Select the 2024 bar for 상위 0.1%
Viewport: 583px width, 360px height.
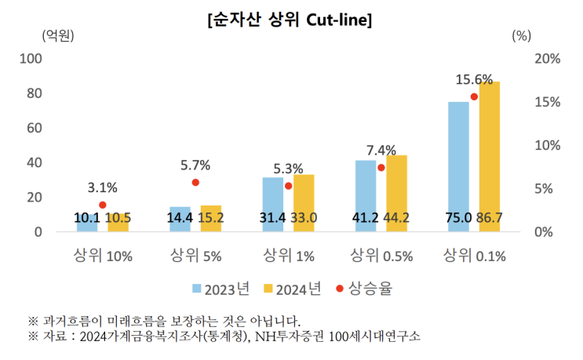click(490, 157)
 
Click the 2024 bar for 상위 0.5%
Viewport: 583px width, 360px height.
click(396, 193)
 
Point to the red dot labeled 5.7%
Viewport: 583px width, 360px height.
click(195, 183)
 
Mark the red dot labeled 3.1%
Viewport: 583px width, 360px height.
click(102, 205)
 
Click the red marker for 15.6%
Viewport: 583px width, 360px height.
click(474, 97)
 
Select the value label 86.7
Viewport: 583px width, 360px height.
click(490, 218)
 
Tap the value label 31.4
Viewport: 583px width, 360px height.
click(273, 218)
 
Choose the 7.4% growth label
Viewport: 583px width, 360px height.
click(381, 150)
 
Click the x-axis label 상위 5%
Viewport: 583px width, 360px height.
click(195, 255)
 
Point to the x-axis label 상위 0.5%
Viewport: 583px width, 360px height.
click(381, 255)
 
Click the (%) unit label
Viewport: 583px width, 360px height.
click(522, 35)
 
